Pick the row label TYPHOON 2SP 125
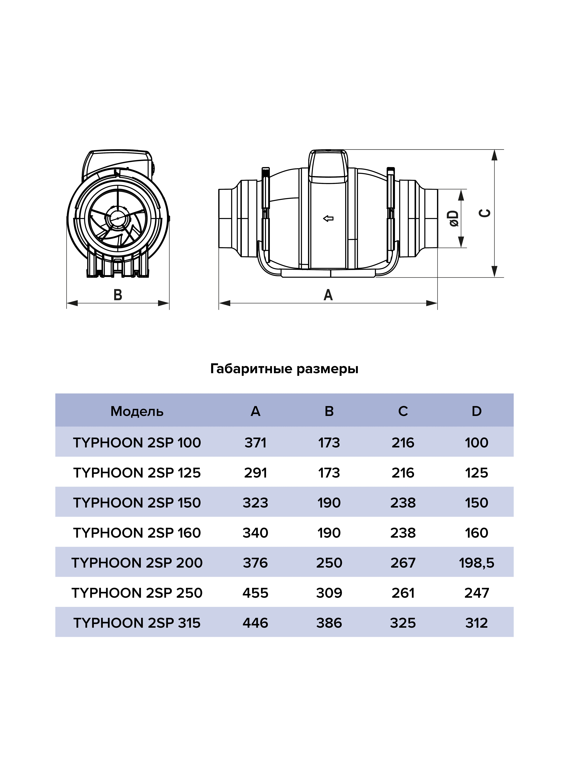coord(137,473)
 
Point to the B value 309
coord(329,593)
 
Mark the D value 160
coord(476,533)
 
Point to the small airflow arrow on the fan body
coord(328,218)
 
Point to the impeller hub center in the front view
coord(118,218)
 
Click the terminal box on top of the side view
coord(328,166)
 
